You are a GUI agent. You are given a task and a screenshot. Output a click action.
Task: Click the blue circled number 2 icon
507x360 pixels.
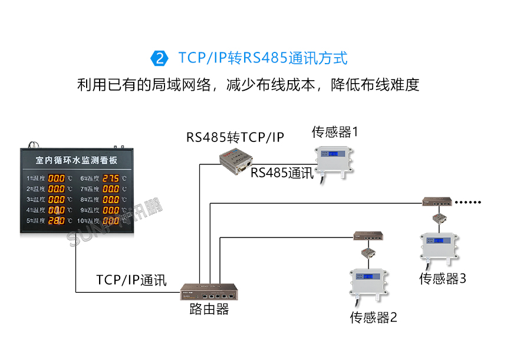tap(160, 58)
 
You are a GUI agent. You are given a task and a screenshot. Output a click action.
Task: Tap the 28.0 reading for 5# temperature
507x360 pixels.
tap(57, 221)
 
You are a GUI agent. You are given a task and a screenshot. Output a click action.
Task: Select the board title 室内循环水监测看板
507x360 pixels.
tap(76, 160)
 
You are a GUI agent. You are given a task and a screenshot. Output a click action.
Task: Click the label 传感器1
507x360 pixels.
tap(335, 131)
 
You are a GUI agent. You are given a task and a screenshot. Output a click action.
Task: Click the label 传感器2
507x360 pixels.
tap(373, 318)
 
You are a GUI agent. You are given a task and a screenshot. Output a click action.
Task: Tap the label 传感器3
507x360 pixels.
tap(442, 278)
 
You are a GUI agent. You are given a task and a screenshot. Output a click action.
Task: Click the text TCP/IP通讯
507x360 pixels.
tap(131, 280)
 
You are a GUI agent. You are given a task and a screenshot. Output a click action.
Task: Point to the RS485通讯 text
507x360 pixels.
tap(282, 173)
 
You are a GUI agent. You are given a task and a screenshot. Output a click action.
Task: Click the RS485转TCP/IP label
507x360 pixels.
tap(235, 137)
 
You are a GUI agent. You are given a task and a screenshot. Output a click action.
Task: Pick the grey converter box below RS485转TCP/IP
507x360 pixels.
tap(236, 160)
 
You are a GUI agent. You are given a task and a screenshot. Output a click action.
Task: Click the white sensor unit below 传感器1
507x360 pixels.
tap(335, 158)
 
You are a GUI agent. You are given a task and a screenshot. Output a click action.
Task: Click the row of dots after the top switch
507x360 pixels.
tap(470, 202)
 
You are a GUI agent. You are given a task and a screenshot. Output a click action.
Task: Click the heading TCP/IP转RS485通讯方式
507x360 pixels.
tap(263, 58)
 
